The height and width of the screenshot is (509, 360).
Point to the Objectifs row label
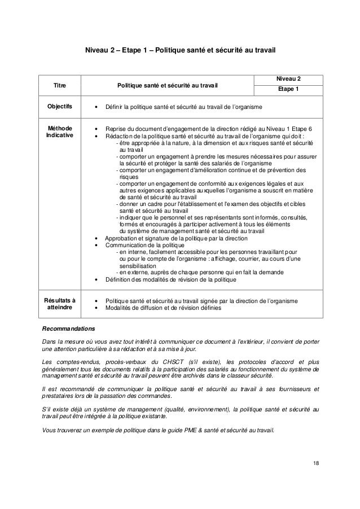59,107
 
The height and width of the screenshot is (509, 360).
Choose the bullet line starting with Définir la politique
180,107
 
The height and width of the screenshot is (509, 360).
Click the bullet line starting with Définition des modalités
168,279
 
